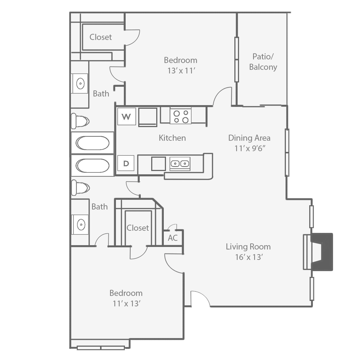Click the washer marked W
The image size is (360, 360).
pyautogui.click(x=126, y=116)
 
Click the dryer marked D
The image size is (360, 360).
pyautogui.click(x=126, y=163)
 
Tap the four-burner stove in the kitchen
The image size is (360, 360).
pyautogui.click(x=181, y=116)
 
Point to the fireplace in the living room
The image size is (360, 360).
pyautogui.click(x=319, y=252)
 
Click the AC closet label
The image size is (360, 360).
pyautogui.click(x=173, y=238)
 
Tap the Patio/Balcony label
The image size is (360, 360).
pyautogui.click(x=263, y=62)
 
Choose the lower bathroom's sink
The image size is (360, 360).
pyautogui.click(x=80, y=224)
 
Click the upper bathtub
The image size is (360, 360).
pyautogui.click(x=92, y=143)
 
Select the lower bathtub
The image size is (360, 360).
pyautogui.click(x=92, y=166)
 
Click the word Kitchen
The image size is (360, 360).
pyautogui.click(x=172, y=138)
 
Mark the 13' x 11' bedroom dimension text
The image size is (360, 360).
pyautogui.click(x=181, y=71)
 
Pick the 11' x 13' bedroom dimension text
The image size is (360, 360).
pyautogui.click(x=126, y=303)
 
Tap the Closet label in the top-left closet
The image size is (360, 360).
pyautogui.click(x=101, y=37)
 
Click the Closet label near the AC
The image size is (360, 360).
pyautogui.click(x=138, y=228)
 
